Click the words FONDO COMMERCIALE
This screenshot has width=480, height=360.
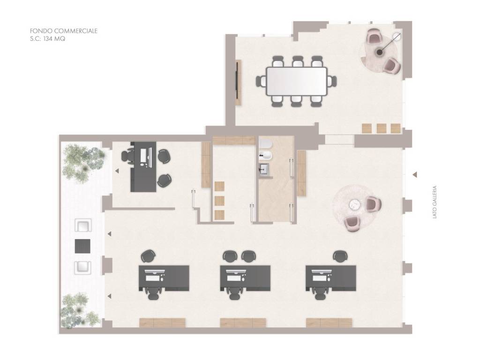point(64,31)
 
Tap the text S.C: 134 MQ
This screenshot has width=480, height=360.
point(47,39)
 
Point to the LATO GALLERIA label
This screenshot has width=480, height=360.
point(435,202)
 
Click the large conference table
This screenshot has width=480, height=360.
point(297,81)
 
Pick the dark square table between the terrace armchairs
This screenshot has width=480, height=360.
point(82,246)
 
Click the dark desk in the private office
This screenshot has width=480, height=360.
point(143,167)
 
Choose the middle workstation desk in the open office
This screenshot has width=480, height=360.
point(245,278)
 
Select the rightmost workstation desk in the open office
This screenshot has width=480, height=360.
point(331,278)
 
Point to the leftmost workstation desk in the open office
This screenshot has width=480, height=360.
point(164,278)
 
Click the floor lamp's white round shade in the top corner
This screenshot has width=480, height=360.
point(397,37)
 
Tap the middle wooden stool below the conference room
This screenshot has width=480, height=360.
point(382,128)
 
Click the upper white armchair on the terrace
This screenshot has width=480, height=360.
point(83,225)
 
